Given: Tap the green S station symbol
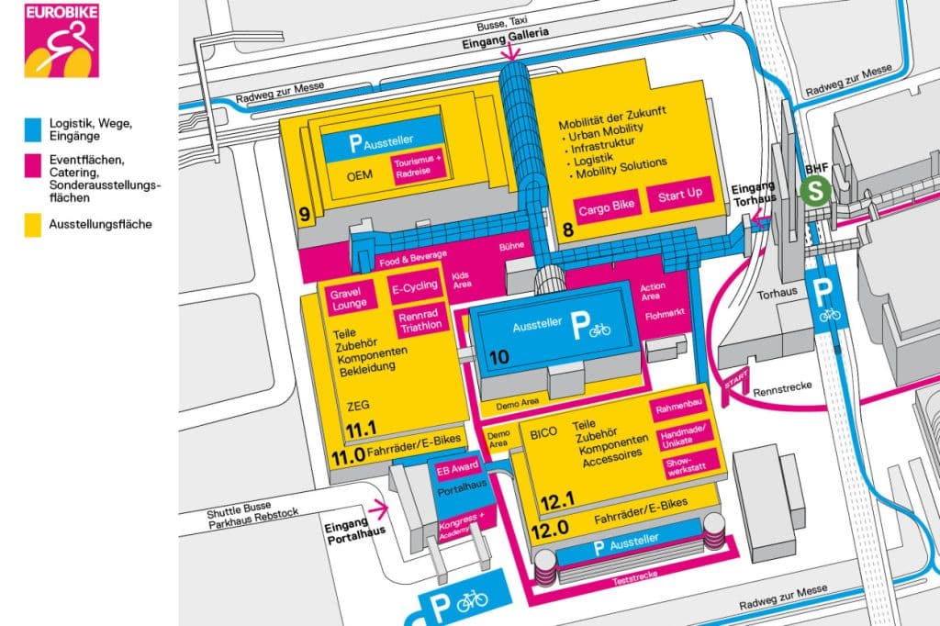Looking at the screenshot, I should (812, 192).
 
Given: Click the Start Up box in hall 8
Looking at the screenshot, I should (679, 195).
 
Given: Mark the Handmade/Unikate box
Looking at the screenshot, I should (683, 435).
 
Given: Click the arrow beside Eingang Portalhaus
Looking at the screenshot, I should (376, 506).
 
